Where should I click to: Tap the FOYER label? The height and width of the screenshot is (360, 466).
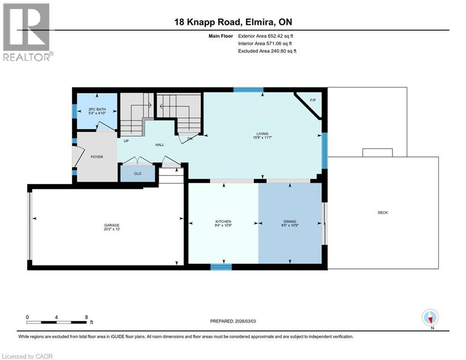pyautogui.click(x=97, y=157)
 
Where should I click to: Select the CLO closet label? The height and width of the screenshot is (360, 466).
pyautogui.click(x=138, y=173)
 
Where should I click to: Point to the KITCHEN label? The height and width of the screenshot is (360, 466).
pyautogui.click(x=223, y=221)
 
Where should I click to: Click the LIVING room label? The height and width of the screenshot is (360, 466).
pyautogui.click(x=262, y=134)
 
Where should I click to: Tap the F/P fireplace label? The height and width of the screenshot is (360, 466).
pyautogui.click(x=313, y=101)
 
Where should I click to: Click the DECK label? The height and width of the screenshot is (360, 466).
pyautogui.click(x=383, y=212)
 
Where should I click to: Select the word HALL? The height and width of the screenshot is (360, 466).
pyautogui.click(x=160, y=145)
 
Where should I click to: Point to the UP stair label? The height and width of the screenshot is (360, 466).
pyautogui.click(x=126, y=141)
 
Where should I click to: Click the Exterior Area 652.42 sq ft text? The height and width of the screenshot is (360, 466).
pyautogui.click(x=266, y=36)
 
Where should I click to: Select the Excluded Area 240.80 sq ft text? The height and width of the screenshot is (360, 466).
pyautogui.click(x=267, y=51)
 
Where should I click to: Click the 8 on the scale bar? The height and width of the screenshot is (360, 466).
pyautogui.click(x=86, y=317)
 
